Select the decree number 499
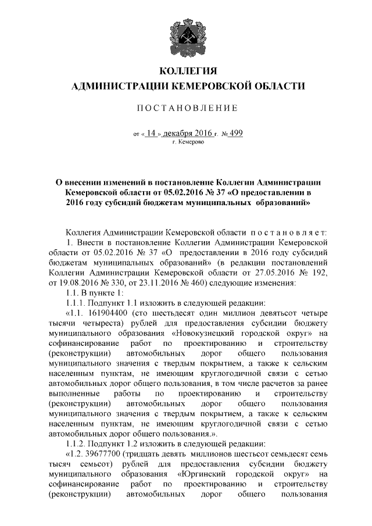[236, 133]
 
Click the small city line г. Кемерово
[187, 142]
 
